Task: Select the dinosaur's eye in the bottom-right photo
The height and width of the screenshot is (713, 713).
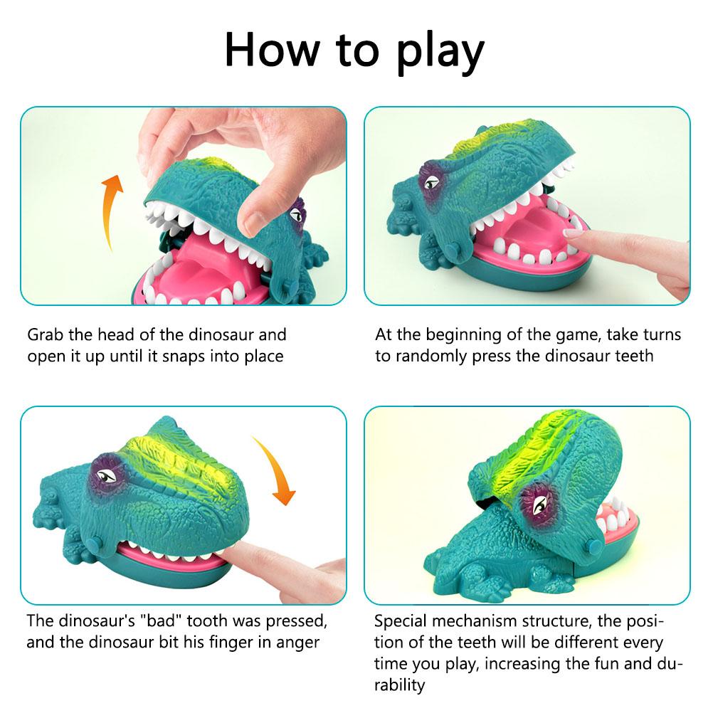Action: [x=539, y=504]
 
